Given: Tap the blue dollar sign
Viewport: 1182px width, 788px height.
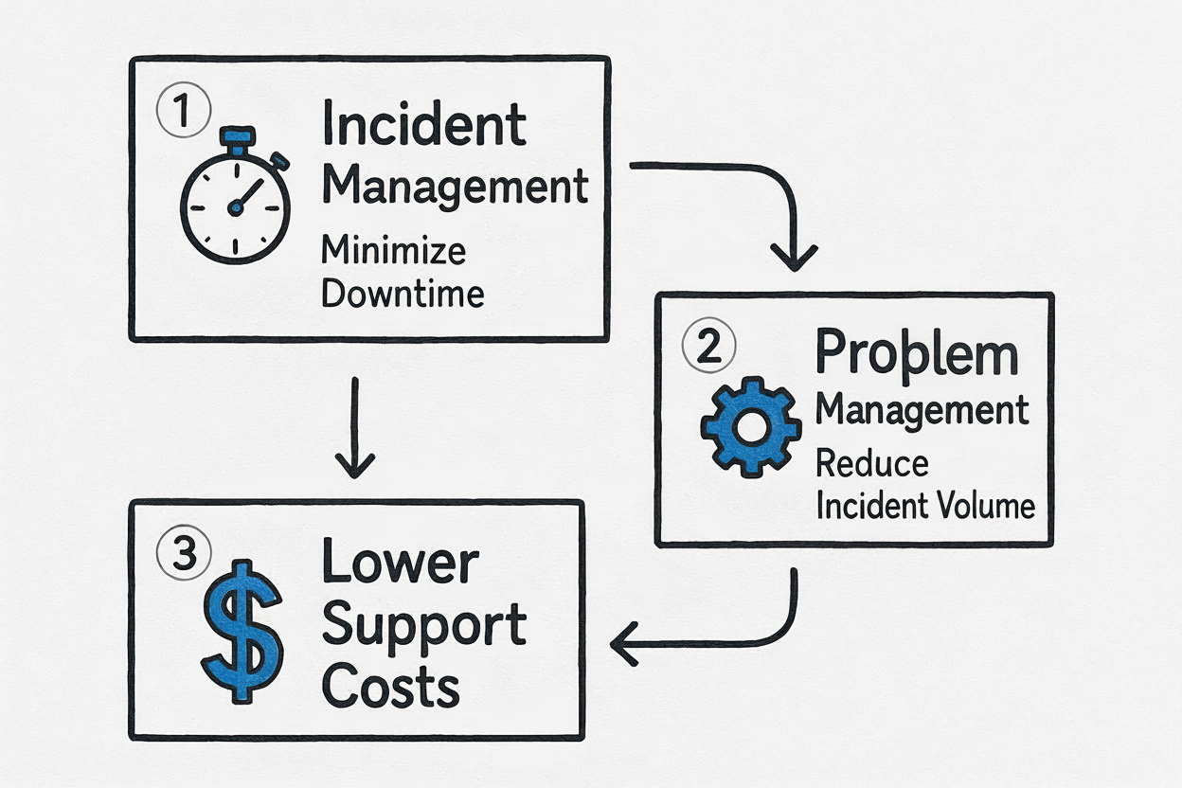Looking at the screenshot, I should click(242, 629).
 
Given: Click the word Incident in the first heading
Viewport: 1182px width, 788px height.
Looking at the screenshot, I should click(424, 127).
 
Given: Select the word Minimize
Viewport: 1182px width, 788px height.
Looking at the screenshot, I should click(393, 251).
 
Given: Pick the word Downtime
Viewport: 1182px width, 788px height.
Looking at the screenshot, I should click(403, 293).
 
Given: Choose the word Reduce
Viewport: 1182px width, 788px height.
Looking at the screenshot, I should click(871, 464).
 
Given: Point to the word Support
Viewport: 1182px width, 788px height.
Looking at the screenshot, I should click(424, 626).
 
